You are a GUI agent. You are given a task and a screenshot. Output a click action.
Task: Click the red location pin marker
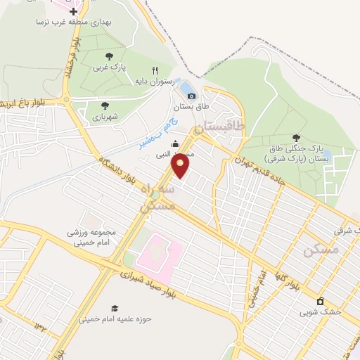(181, 167)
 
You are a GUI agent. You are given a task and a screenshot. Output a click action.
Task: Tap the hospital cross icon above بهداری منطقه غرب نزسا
(73, 11)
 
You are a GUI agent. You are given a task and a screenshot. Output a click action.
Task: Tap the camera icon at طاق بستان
(191, 96)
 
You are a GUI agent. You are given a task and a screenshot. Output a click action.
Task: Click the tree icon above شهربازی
(105, 105)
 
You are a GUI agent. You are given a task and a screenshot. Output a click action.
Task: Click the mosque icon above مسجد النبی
(175, 145)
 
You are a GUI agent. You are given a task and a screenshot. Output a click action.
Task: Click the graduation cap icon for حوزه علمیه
(115, 309)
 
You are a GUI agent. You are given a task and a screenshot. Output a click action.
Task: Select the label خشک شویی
(321, 311)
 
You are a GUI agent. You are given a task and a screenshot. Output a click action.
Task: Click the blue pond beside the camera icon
(185, 87)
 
